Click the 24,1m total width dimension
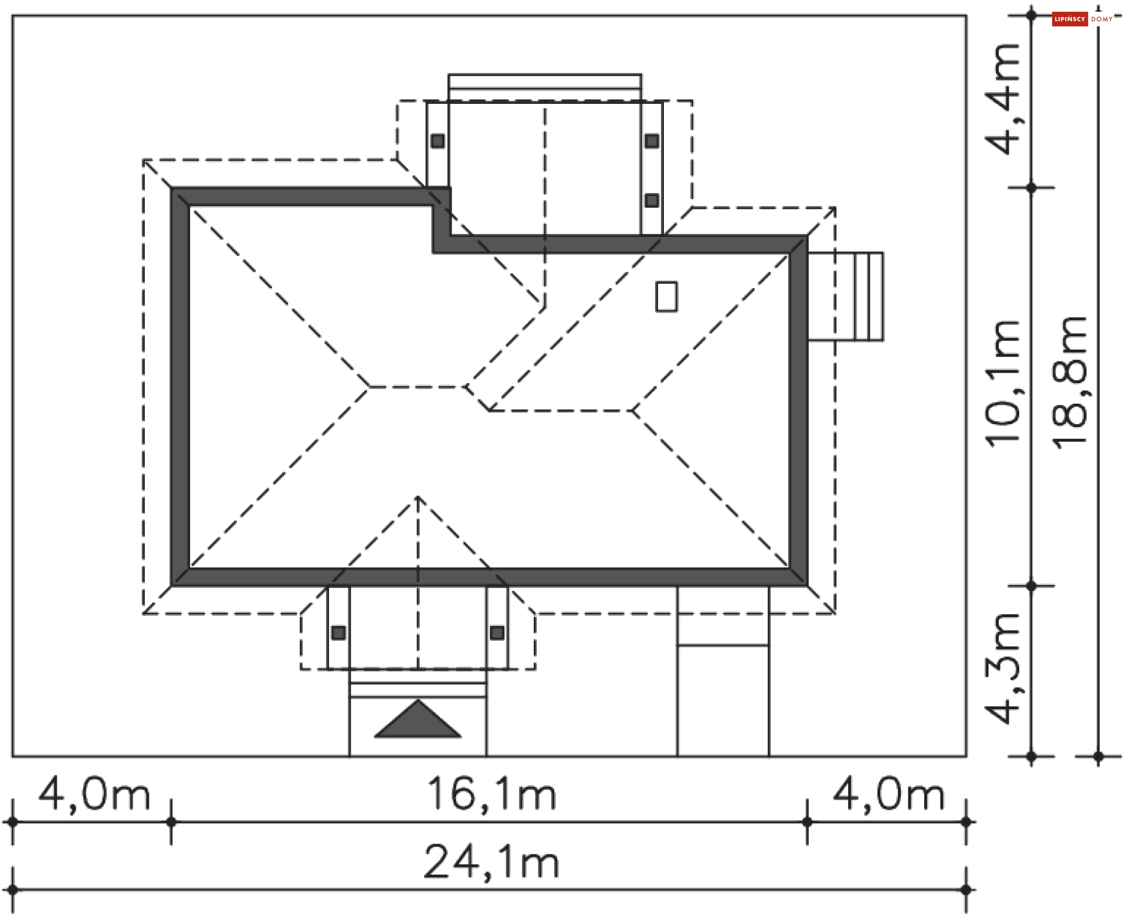491,862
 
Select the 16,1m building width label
491,794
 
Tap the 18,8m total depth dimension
1071,383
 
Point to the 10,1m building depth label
1003,384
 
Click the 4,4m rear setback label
1003,99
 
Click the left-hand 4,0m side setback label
94,794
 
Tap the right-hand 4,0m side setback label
888,794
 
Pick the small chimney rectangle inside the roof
666,296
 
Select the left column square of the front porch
338,633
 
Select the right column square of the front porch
497,633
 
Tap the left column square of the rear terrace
437,141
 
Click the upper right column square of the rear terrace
652,141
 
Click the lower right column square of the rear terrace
652,201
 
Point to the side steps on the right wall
845,296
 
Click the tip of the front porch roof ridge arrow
418,498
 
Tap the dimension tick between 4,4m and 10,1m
1032,188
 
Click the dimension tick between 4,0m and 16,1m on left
171,822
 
